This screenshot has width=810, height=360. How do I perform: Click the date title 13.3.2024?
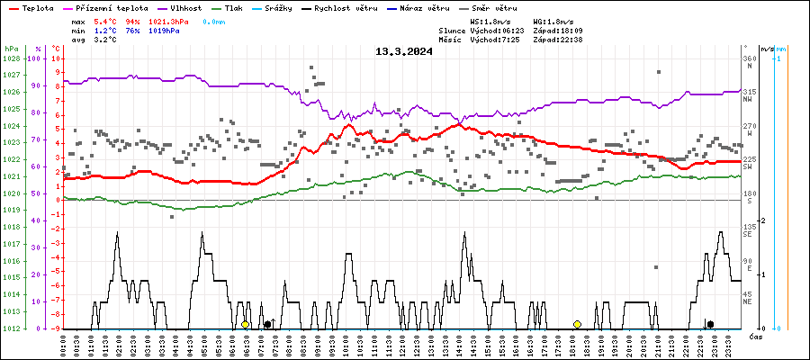(x=404, y=51)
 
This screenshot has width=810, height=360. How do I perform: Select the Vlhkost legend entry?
(x=185, y=7)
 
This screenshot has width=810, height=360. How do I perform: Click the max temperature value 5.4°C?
(x=105, y=21)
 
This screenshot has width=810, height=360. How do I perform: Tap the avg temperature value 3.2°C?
(x=105, y=40)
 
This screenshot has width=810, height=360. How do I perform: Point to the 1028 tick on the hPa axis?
(x=11, y=58)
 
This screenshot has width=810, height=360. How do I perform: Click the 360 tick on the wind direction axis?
(x=749, y=58)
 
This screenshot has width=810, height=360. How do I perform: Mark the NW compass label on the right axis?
(x=747, y=100)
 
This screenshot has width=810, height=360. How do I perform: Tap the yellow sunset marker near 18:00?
(x=577, y=324)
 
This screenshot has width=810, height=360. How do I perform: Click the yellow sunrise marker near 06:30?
(x=245, y=324)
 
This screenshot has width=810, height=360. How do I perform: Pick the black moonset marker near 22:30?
(x=710, y=324)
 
